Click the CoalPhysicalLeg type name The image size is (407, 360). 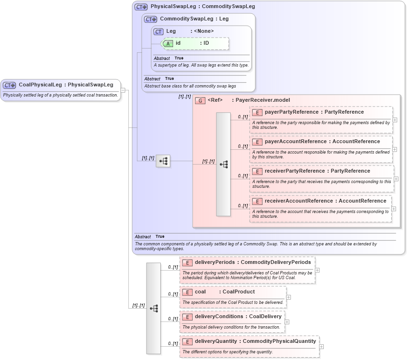coord(40,85)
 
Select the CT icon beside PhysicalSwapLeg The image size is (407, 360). coord(141,7)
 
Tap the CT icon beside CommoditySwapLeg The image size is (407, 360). coord(151,19)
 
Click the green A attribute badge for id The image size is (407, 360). coord(168,43)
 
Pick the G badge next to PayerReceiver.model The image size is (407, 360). coord(200,100)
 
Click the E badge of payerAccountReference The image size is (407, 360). coord(257,142)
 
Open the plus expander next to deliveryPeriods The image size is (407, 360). coord(317,270)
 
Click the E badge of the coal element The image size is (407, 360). coord(187,292)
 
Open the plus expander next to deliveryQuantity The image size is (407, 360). coord(322,347)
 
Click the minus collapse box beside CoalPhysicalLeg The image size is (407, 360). coord(123,89)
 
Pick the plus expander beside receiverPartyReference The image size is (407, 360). coord(396,179)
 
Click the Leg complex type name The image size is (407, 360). coord(171,31)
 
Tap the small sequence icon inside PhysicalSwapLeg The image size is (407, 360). coord(163,161)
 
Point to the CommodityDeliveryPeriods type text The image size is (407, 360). coord(276,263)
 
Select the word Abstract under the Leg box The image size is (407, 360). coord(162,58)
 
